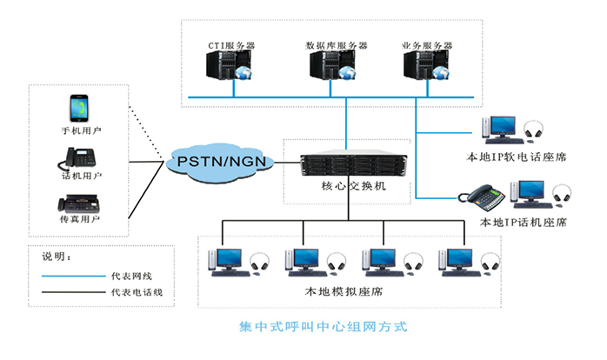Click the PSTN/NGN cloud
point(221,160)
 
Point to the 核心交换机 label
point(346,186)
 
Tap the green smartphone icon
point(79,109)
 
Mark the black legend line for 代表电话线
point(70,293)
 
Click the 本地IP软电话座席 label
point(517,157)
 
